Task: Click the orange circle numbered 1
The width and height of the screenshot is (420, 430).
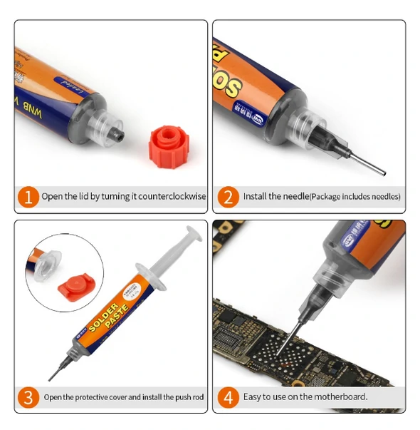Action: (x=27, y=196)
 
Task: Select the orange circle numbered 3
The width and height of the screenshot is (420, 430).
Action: (x=27, y=396)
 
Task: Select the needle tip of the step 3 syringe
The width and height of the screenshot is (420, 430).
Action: (x=51, y=378)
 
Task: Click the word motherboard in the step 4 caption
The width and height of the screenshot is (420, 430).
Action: (x=342, y=396)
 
